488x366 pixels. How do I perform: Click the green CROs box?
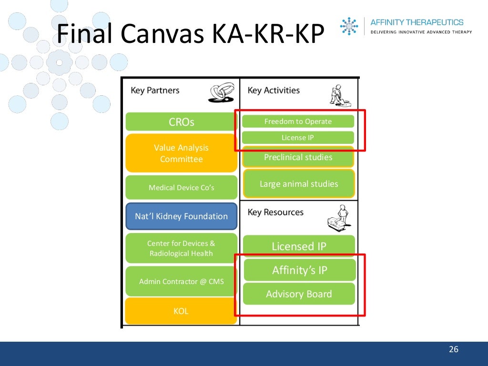coord(181,122)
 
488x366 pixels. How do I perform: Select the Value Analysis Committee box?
coord(181,153)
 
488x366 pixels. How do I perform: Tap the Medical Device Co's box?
coord(181,187)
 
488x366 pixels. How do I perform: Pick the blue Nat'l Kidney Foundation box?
coord(181,216)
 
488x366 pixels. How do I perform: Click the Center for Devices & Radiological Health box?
coord(181,248)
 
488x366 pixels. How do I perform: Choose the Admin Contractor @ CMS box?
coord(181,281)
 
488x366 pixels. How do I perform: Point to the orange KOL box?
coord(181,311)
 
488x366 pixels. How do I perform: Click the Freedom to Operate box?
coord(298,122)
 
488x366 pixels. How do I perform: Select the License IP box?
coord(298,137)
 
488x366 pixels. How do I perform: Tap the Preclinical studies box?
coord(298,157)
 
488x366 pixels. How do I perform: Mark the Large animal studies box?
coord(299,183)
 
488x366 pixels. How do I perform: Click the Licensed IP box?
coord(299,246)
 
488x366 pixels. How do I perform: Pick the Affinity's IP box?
coord(299,270)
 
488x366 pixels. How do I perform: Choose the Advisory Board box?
coord(299,294)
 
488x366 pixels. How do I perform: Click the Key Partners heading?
coord(155,91)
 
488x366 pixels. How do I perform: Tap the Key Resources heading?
coord(275,212)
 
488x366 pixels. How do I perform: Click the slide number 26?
coord(453,350)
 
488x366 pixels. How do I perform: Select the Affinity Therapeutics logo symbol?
coord(349,26)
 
